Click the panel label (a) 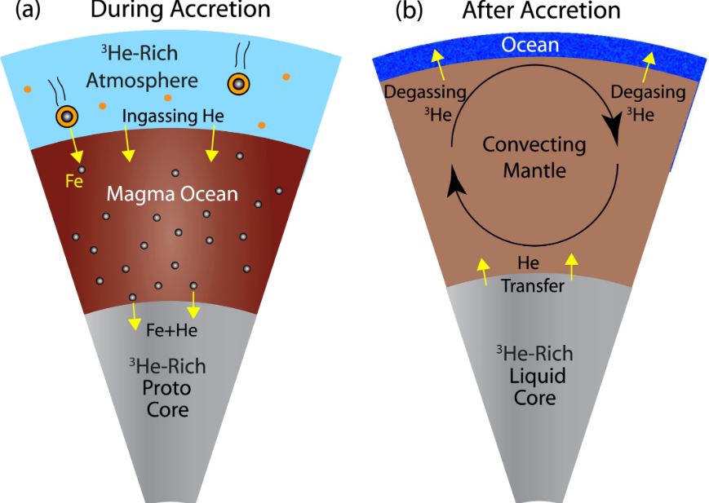[x=20, y=11]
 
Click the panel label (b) [x=410, y=11]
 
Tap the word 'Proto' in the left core [x=162, y=387]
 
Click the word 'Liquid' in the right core [x=534, y=377]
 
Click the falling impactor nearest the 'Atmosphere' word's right [x=238, y=82]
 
